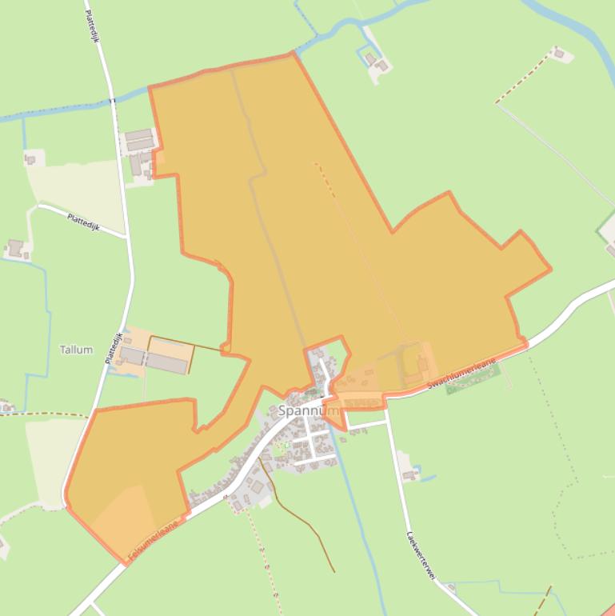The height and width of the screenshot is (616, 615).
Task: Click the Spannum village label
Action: (x=308, y=411)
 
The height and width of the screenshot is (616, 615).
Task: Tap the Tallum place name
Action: (x=76, y=350)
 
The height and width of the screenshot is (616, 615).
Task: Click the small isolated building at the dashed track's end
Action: (x=561, y=54)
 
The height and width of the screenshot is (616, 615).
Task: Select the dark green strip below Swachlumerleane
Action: (x=473, y=386)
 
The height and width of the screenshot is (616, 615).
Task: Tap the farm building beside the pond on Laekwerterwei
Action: (x=410, y=475)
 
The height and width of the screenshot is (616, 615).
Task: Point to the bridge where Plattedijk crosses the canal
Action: (x=114, y=100)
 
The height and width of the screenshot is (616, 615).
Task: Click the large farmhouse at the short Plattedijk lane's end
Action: (x=16, y=248)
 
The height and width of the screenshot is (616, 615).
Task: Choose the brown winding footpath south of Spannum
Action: (x=300, y=512)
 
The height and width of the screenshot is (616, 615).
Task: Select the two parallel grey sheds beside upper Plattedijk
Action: (x=138, y=139)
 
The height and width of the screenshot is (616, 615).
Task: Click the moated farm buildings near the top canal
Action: (x=375, y=61)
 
